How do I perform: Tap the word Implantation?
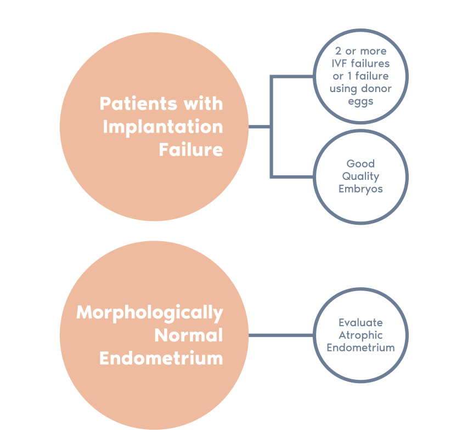click(x=163, y=127)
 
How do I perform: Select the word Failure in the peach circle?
click(x=191, y=150)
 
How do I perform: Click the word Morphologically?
click(x=150, y=313)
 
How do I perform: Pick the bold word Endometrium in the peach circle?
click(x=161, y=358)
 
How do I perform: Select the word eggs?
click(x=360, y=101)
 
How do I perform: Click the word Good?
click(x=360, y=163)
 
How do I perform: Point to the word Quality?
click(x=360, y=176)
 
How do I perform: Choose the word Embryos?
click(x=360, y=189)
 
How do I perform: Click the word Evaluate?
click(x=360, y=323)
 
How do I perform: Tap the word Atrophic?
click(x=360, y=335)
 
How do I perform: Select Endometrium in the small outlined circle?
click(x=360, y=348)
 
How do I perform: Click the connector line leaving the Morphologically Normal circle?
click(x=281, y=335)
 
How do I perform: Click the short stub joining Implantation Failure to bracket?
click(x=259, y=127)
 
